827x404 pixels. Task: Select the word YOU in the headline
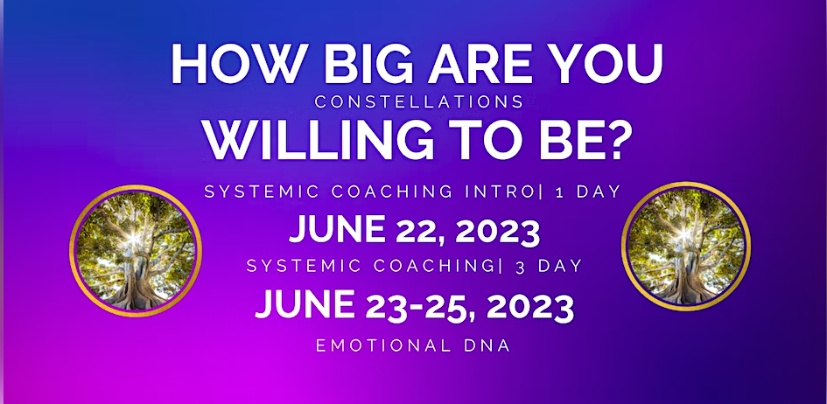point(607,65)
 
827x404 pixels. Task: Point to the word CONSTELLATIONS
point(419,101)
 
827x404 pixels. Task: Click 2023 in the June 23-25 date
point(530,307)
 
